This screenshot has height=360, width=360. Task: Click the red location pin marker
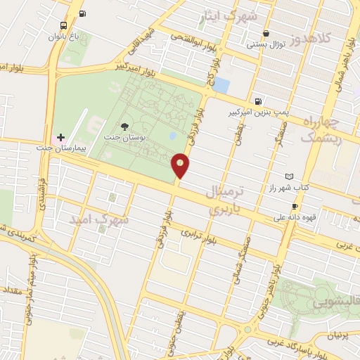(181, 165)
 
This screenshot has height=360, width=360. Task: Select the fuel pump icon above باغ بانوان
(83, 14)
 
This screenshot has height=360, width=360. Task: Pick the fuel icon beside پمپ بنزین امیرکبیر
(259, 101)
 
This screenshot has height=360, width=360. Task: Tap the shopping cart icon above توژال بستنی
(266, 34)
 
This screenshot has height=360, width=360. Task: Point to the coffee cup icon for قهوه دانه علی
(295, 206)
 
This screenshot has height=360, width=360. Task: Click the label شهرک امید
(99, 219)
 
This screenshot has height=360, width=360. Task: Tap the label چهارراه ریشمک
(321, 130)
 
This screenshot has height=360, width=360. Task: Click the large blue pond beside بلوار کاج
(221, 85)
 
